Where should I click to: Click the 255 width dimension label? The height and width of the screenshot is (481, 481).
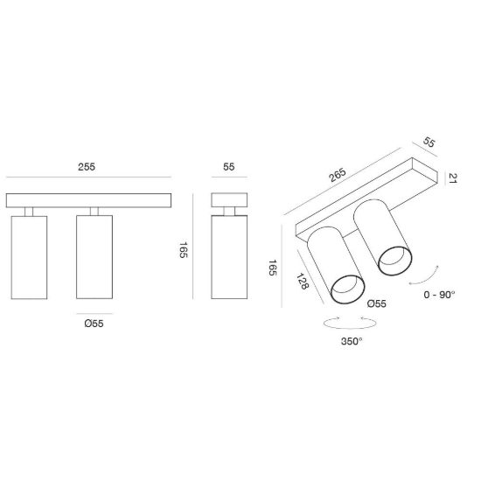pos(87,167)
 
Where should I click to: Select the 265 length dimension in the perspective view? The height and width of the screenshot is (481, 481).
pos(338,175)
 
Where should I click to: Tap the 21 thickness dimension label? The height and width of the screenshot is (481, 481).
pos(453,178)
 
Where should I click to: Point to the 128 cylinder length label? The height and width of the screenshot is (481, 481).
pos(303,281)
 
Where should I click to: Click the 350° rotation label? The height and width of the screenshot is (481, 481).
pos(352,341)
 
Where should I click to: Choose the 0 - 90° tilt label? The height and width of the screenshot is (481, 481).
pos(439,295)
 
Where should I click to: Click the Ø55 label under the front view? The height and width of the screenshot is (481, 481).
pos(94,324)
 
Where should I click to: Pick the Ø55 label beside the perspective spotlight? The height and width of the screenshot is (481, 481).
pos(377,303)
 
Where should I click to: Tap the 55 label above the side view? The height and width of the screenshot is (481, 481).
pos(229,167)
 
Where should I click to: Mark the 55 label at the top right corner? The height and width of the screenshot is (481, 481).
pos(429,143)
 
